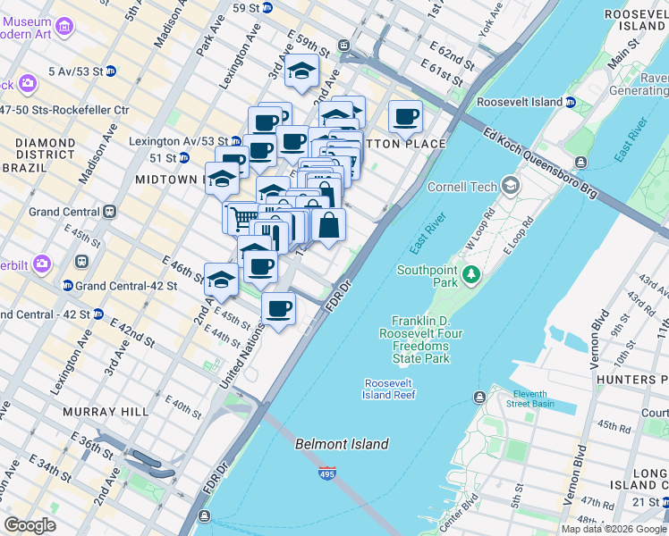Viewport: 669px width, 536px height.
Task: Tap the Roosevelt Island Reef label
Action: [x=389, y=389]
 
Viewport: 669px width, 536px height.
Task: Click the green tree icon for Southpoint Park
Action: [x=466, y=281]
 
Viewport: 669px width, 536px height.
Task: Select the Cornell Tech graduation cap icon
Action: [x=511, y=187]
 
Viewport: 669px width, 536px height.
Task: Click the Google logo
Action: [x=30, y=525]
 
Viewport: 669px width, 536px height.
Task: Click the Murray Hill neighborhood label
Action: [x=98, y=412]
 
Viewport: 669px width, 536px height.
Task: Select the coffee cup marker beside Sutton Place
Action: [x=405, y=116]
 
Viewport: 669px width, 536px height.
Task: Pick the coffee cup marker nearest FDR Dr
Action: [x=279, y=309]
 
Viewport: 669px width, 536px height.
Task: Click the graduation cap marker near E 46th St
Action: [x=221, y=280]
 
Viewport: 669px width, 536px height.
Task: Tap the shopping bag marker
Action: [x=328, y=225]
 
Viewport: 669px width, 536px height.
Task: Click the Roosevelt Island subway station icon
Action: [x=569, y=103]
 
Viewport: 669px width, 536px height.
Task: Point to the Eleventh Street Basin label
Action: [x=529, y=398]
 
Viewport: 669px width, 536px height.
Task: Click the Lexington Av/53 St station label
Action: [x=178, y=141]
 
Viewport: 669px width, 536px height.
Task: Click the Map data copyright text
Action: [x=614, y=529]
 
